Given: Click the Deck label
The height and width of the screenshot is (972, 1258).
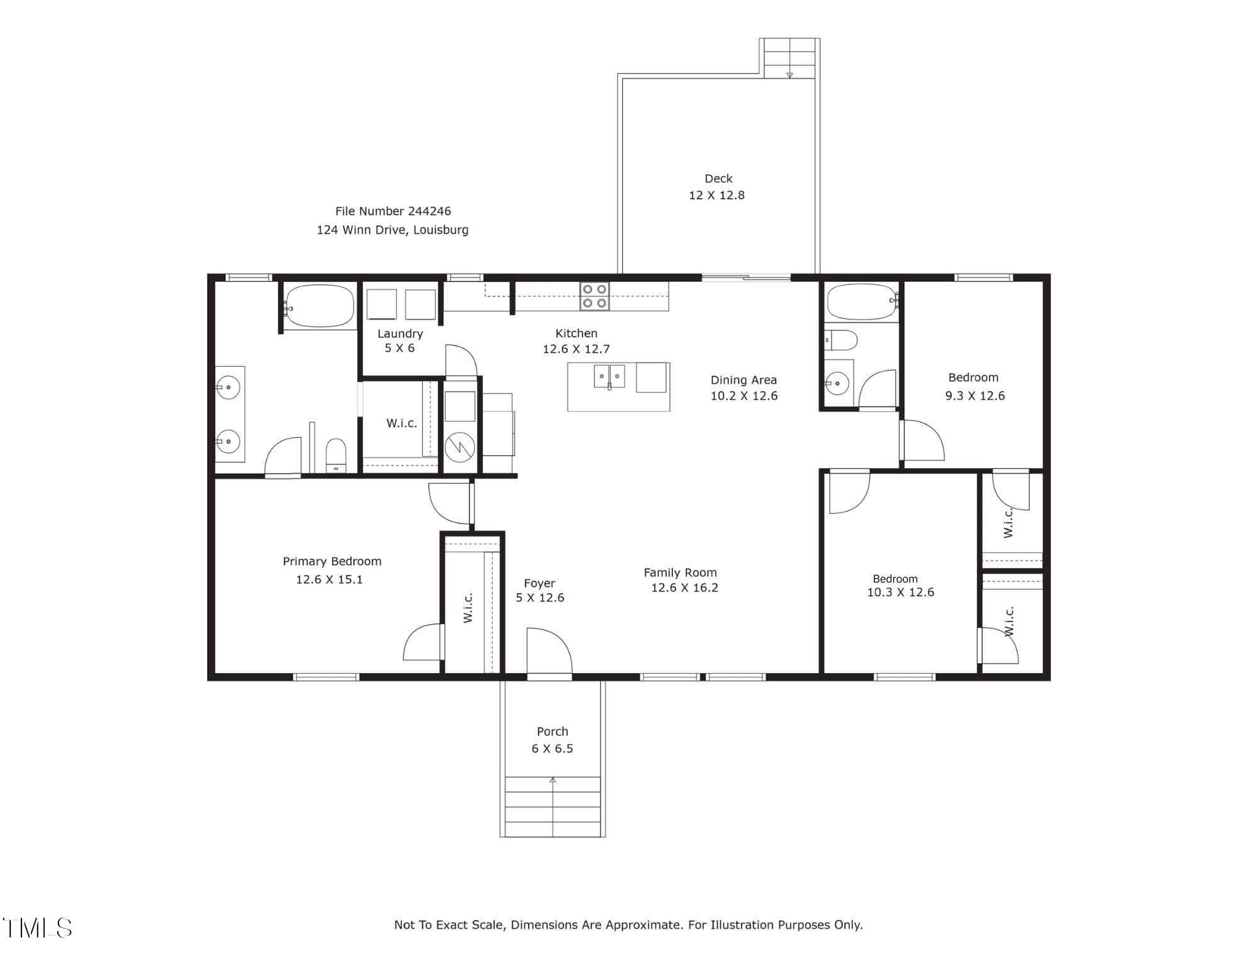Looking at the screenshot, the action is click(x=718, y=179).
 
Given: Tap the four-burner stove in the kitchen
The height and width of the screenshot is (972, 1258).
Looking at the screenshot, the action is click(x=594, y=296).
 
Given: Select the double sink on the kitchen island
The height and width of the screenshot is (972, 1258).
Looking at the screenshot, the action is click(x=609, y=376).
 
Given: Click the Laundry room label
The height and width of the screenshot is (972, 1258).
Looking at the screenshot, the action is click(x=400, y=333).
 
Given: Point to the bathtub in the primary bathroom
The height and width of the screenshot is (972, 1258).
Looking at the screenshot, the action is click(x=318, y=306).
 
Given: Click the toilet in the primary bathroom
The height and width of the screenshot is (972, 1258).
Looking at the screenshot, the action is click(x=336, y=455).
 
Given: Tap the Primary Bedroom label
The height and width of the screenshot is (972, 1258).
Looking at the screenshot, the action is click(x=332, y=561).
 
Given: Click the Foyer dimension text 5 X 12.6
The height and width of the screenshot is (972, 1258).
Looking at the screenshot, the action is click(x=540, y=598).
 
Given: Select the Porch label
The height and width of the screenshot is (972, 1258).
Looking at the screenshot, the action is click(x=552, y=732).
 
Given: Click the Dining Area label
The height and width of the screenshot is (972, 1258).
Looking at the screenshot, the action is click(x=743, y=380).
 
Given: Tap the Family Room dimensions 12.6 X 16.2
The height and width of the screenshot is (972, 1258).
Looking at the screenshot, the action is click(x=684, y=588).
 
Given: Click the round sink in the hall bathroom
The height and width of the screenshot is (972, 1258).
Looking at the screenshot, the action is click(x=837, y=383).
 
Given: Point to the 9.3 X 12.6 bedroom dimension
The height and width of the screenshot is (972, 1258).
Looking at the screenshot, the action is click(x=975, y=396).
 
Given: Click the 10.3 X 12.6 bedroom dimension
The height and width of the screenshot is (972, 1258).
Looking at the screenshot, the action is click(x=901, y=592).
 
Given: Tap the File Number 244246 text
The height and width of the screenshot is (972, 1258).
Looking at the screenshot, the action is click(x=393, y=211).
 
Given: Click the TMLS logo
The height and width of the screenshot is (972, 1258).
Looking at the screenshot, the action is click(x=37, y=928).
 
